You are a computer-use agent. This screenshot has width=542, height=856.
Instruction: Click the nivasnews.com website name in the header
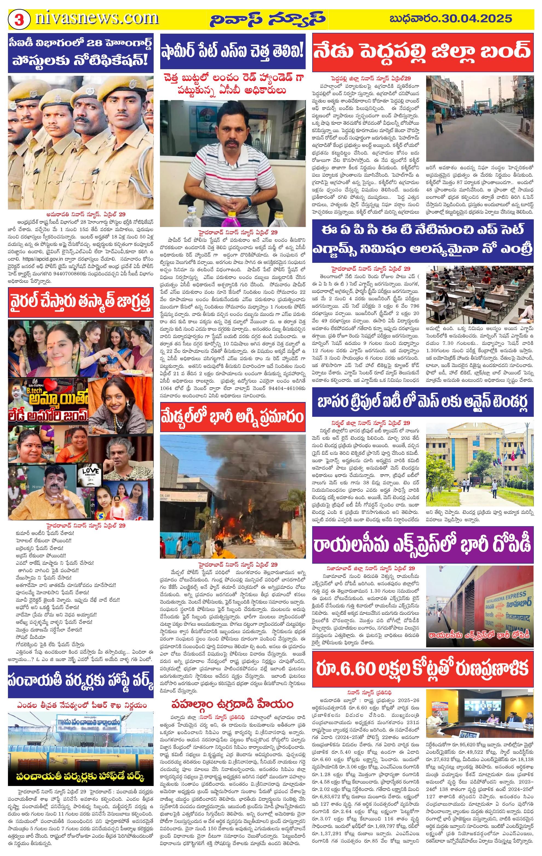click(x=97, y=18)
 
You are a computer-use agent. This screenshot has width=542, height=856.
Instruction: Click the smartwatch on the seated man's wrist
click(x=248, y=201)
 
